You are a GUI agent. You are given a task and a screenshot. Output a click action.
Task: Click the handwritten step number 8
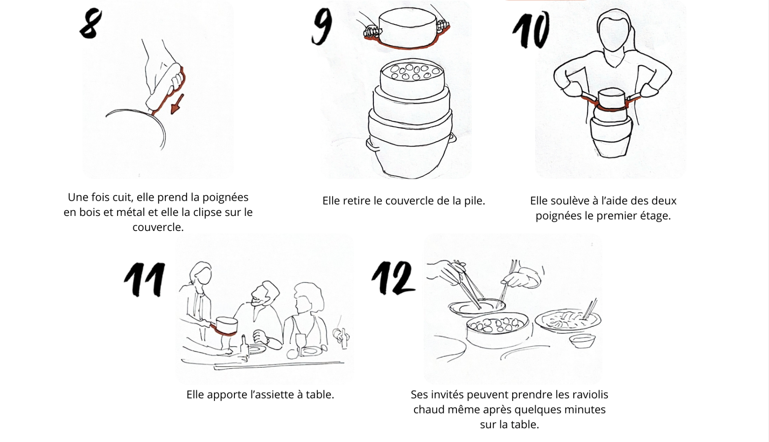[90, 24]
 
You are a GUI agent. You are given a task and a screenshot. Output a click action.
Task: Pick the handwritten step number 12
[393, 277]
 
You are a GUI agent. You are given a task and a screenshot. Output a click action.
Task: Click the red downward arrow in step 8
[177, 104]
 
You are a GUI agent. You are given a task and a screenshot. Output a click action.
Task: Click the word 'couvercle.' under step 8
[158, 227]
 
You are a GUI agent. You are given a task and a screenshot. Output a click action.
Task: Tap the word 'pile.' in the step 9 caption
[474, 201]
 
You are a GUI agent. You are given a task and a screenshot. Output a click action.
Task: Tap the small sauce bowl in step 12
[583, 341]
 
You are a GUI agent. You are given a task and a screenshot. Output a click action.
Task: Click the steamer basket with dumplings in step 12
[497, 330]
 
